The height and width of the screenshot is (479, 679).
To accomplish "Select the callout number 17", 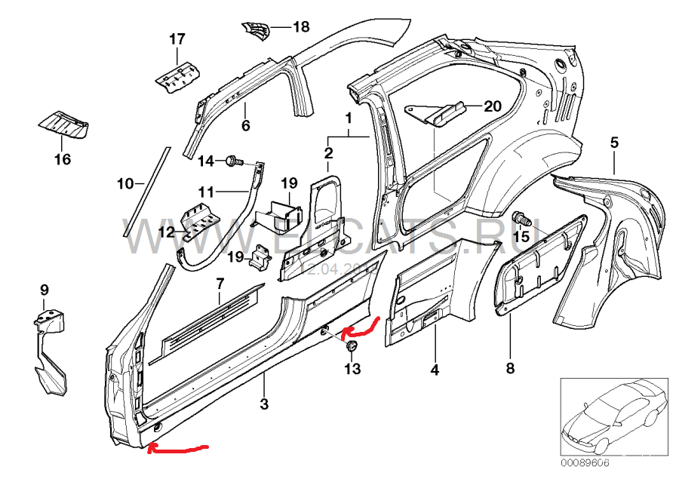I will tap(177, 38).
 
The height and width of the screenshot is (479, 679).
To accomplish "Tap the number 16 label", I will tap(62, 159).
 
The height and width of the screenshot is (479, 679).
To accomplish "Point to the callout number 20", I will tap(492, 106).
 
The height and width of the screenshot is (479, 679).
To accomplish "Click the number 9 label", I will tap(44, 290).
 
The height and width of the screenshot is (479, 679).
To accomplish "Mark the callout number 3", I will tap(264, 404).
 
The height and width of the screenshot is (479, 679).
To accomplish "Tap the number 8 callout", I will tap(510, 368).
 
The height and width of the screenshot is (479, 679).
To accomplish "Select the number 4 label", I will tap(435, 370).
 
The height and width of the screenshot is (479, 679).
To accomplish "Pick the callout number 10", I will tap(125, 183).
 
